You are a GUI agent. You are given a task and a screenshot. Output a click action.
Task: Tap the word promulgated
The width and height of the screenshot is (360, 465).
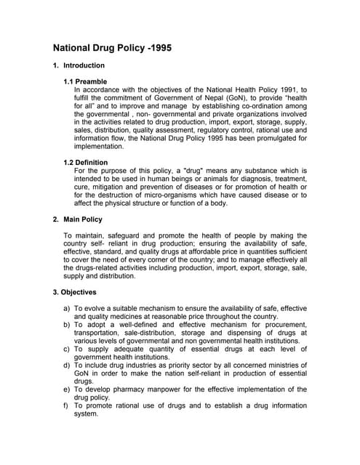254,138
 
